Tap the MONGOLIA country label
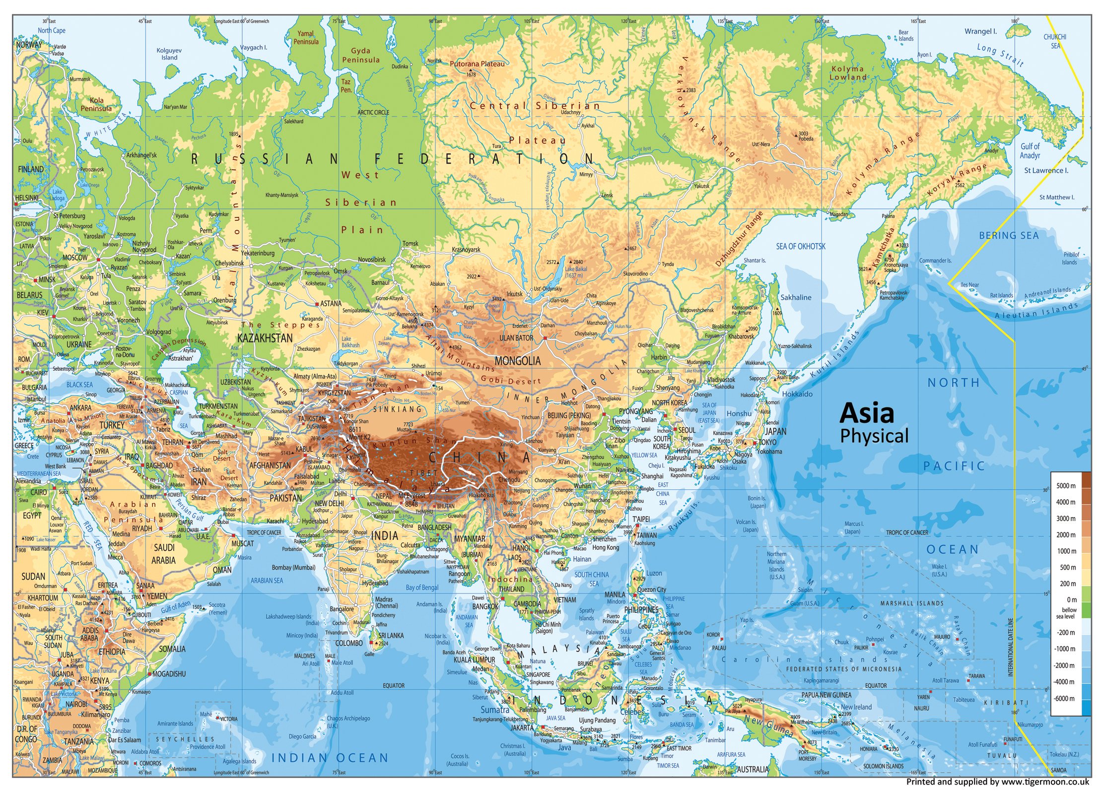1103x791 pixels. click(x=517, y=361)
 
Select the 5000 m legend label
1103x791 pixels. click(x=1065, y=486)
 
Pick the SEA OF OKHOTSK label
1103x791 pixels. click(x=800, y=246)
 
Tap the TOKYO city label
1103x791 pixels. click(x=767, y=442)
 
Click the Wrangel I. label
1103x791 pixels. click(x=980, y=31)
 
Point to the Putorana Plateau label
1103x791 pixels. click(x=477, y=64)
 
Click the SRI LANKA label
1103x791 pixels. click(x=391, y=635)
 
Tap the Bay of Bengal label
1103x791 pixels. click(x=422, y=588)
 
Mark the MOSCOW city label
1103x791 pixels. click(x=75, y=258)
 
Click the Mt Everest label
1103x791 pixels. click(x=412, y=495)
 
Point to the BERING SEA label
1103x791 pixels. click(x=1009, y=235)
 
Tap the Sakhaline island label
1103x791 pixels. click(x=796, y=297)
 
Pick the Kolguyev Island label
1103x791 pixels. click(x=169, y=54)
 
